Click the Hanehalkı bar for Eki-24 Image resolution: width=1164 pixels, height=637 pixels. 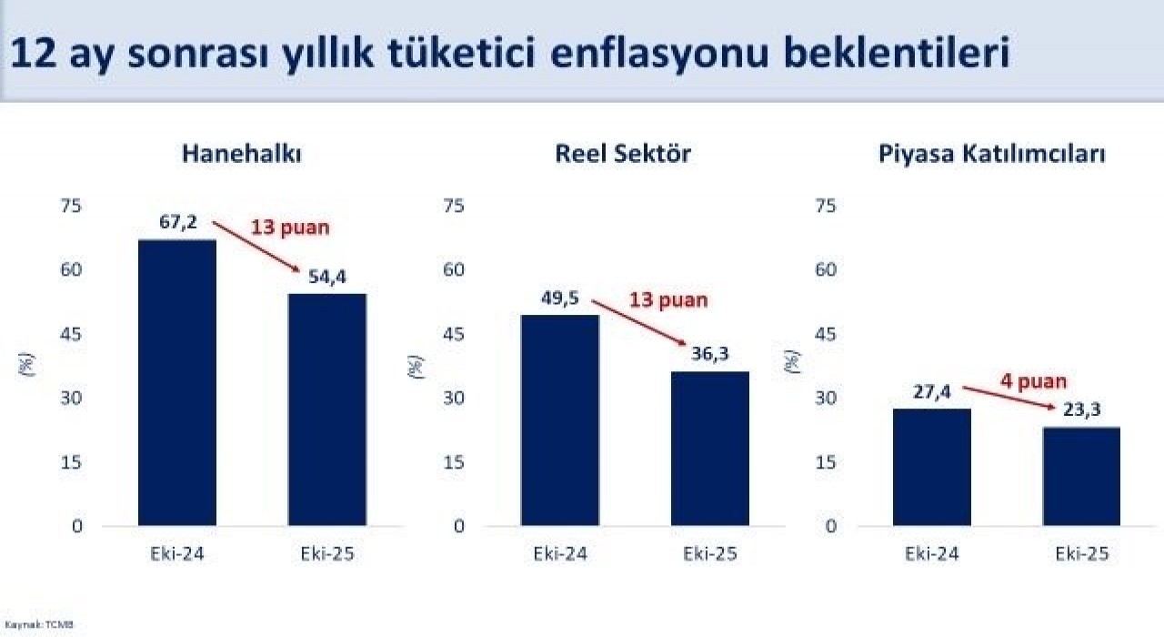click(177, 382)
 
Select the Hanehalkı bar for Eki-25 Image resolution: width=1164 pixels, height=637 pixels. click(327, 409)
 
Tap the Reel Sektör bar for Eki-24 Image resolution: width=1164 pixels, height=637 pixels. click(559, 420)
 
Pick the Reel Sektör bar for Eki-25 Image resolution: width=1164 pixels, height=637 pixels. click(710, 449)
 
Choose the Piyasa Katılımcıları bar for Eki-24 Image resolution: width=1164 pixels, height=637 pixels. click(932, 467)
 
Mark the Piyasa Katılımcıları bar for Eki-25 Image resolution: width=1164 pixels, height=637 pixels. click(1081, 476)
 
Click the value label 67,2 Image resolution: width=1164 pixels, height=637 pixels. click(178, 223)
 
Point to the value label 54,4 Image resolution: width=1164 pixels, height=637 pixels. click(328, 277)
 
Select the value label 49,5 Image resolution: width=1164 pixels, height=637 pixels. click(559, 298)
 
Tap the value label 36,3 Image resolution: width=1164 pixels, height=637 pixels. click(710, 354)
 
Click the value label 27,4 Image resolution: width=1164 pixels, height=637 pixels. click(932, 392)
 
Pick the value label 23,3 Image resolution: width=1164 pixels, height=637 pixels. click(1081, 410)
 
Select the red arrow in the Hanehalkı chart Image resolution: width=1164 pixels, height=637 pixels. click(257, 247)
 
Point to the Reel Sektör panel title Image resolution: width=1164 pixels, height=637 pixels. click(623, 154)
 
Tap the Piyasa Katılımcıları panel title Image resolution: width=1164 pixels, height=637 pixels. click(991, 154)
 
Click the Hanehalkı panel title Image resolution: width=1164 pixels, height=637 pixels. click(241, 154)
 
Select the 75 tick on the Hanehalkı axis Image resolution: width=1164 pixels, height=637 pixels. click(71, 206)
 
